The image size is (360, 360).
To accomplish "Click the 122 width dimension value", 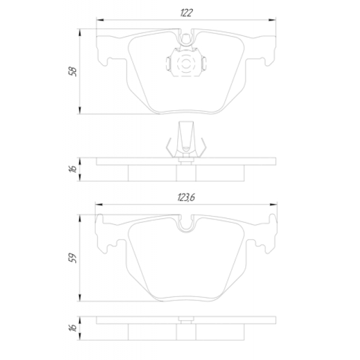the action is pyautogui.click(x=186, y=13).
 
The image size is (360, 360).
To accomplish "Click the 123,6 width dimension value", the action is pyautogui.click(x=186, y=197).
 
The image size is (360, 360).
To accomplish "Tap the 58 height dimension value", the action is pyautogui.click(x=73, y=71).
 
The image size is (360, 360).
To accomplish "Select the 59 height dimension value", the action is pyautogui.click(x=73, y=258).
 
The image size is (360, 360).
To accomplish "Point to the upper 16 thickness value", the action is pyautogui.click(x=73, y=169).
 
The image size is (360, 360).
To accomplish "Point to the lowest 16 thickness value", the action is pyautogui.click(x=73, y=327).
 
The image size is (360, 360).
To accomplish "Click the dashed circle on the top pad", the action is pyautogui.click(x=186, y=64).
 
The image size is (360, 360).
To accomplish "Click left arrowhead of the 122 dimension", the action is pyautogui.click(x=100, y=20).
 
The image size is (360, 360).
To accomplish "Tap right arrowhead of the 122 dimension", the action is pyautogui.click(x=272, y=20).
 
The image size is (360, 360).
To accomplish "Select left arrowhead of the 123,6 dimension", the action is pyautogui.click(x=99, y=204).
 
